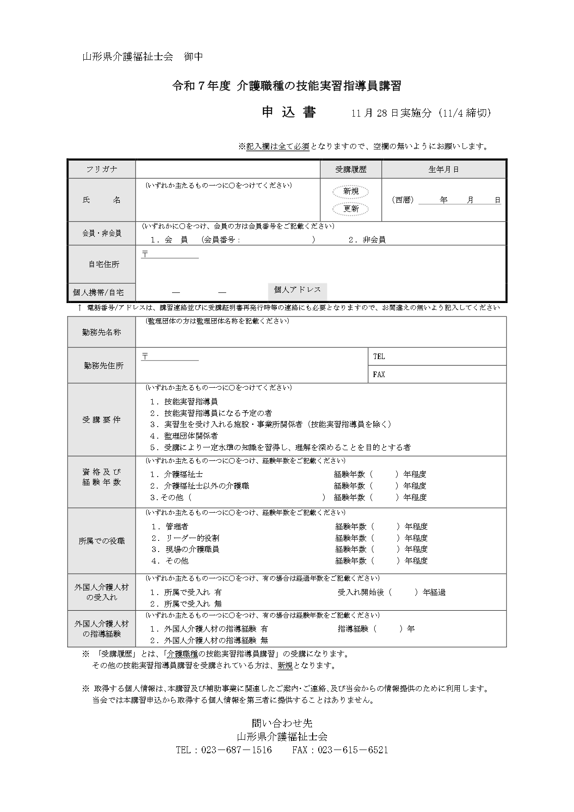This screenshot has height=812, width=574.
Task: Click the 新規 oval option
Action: (351, 192)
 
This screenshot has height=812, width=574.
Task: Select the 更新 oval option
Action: (351, 209)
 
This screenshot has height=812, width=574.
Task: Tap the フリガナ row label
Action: (102, 169)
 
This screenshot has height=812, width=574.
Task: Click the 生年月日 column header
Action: (443, 169)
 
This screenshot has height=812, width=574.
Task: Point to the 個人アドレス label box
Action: (297, 290)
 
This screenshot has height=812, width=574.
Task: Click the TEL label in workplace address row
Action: (379, 357)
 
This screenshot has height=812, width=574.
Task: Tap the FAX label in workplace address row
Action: (379, 374)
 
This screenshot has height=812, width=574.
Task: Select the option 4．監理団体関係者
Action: (184, 436)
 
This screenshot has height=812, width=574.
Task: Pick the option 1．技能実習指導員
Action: (184, 402)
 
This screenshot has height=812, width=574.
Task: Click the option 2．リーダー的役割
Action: (185, 538)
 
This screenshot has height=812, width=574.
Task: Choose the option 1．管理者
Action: (169, 527)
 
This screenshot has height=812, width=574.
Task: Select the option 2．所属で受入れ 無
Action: (186, 604)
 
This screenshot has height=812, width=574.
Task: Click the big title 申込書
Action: (289, 112)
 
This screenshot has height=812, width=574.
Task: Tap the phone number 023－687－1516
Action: (236, 750)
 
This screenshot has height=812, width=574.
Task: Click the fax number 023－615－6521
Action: (352, 750)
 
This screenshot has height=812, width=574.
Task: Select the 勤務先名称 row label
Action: (102, 332)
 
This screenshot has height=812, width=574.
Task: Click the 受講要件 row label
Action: (102, 420)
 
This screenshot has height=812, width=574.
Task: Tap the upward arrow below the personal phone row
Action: (80, 307)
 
